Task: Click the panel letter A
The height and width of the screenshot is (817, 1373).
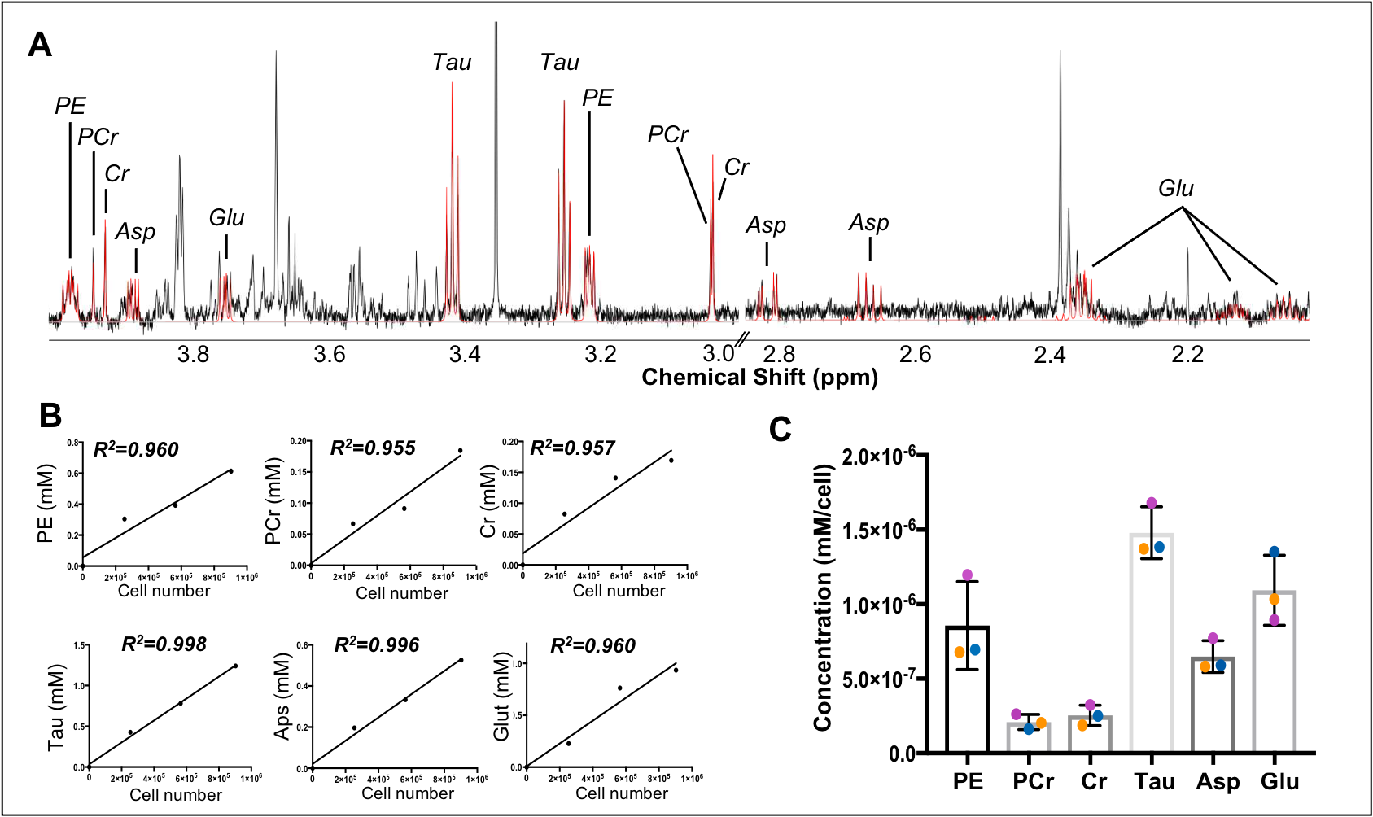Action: click(x=40, y=45)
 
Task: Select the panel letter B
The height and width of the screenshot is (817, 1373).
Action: click(x=50, y=415)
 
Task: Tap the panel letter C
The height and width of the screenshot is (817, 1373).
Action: click(x=780, y=429)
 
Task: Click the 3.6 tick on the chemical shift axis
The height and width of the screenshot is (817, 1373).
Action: click(x=330, y=354)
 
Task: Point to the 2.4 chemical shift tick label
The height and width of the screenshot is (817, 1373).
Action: click(x=1051, y=354)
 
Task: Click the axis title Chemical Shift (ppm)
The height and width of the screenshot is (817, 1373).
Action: click(x=759, y=378)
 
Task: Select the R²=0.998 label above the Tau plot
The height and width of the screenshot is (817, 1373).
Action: click(x=164, y=644)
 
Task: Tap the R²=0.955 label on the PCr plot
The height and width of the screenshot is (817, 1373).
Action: click(x=373, y=448)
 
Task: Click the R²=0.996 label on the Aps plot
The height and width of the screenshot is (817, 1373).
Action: click(x=377, y=645)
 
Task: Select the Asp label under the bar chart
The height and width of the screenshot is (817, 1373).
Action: click(x=1218, y=782)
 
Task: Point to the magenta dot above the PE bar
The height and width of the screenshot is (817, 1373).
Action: click(x=968, y=575)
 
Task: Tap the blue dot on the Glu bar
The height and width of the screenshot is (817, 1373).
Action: click(x=1275, y=552)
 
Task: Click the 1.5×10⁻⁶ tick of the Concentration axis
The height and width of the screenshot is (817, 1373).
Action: click(x=880, y=531)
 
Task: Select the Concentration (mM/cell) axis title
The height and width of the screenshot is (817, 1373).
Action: click(x=824, y=598)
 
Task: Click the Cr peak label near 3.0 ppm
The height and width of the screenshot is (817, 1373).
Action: click(x=737, y=168)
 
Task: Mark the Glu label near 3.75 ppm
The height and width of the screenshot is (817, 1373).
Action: click(x=226, y=218)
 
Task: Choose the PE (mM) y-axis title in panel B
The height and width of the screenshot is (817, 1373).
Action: click(x=46, y=504)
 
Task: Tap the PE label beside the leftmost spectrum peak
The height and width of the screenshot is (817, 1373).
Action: click(x=70, y=106)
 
